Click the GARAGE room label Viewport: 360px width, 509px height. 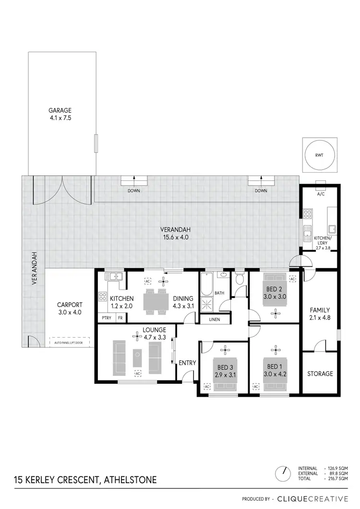pos(60,110)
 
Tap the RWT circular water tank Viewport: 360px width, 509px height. pos(319,155)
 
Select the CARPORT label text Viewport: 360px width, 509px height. pos(70,304)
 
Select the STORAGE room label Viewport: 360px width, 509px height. pos(320,373)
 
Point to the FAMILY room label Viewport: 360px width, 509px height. pos(320,310)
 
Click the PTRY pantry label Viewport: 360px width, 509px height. pos(105,318)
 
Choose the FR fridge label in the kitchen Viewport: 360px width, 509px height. pos(120,318)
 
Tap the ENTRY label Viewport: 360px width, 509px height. pos(187,363)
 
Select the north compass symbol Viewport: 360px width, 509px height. pos(284,473)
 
